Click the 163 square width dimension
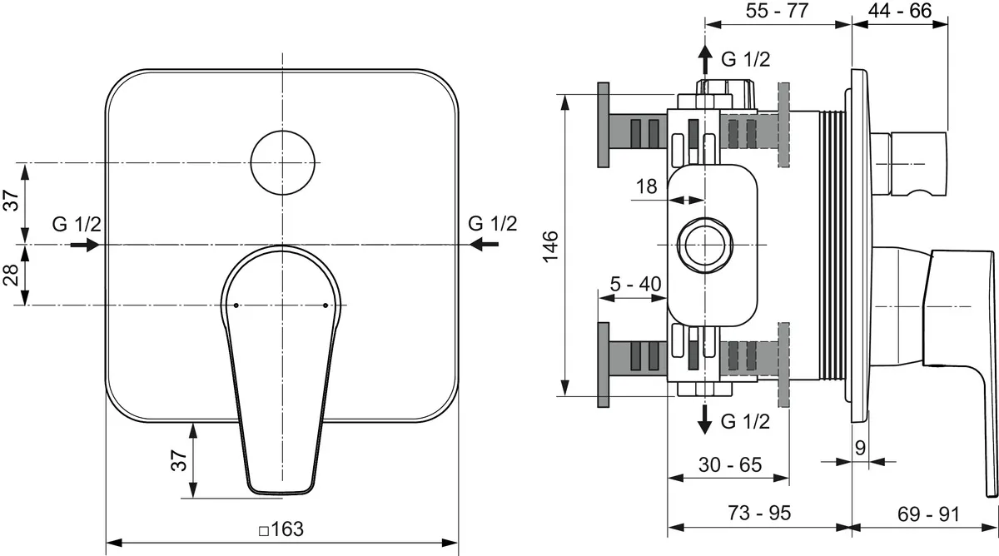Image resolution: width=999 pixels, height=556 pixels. coord(281,529)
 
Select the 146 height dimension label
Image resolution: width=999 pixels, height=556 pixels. coord(551,246)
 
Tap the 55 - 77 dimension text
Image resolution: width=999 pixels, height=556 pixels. coord(777,10)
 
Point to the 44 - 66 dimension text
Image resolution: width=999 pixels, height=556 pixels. coord(900,10)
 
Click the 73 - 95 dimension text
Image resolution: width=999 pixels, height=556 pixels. coord(759,513)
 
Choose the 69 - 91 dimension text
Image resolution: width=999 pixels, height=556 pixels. coord(928,514)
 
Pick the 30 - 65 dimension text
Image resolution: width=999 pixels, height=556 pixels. coord(730,464)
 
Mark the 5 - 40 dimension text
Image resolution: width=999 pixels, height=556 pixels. coord(635,284)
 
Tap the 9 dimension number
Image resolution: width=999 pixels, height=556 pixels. coord(860,448)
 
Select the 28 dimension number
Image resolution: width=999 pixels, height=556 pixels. coord(11,275)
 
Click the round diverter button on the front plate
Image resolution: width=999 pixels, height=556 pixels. coord(283,163)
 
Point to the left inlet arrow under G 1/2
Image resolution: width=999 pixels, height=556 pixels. coord(85,245)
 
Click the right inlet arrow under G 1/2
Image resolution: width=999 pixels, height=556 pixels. coord(484,245)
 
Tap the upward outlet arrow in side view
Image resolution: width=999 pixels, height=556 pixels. coord(704,59)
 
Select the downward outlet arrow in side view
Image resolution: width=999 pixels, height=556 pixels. coord(704,420)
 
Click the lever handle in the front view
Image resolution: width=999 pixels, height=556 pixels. coord(281,370)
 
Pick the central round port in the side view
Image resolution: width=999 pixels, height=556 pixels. coord(704,245)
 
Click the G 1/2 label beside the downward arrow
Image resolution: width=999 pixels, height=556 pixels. coord(746,421)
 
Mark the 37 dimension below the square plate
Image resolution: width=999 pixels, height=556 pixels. coord(179,460)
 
